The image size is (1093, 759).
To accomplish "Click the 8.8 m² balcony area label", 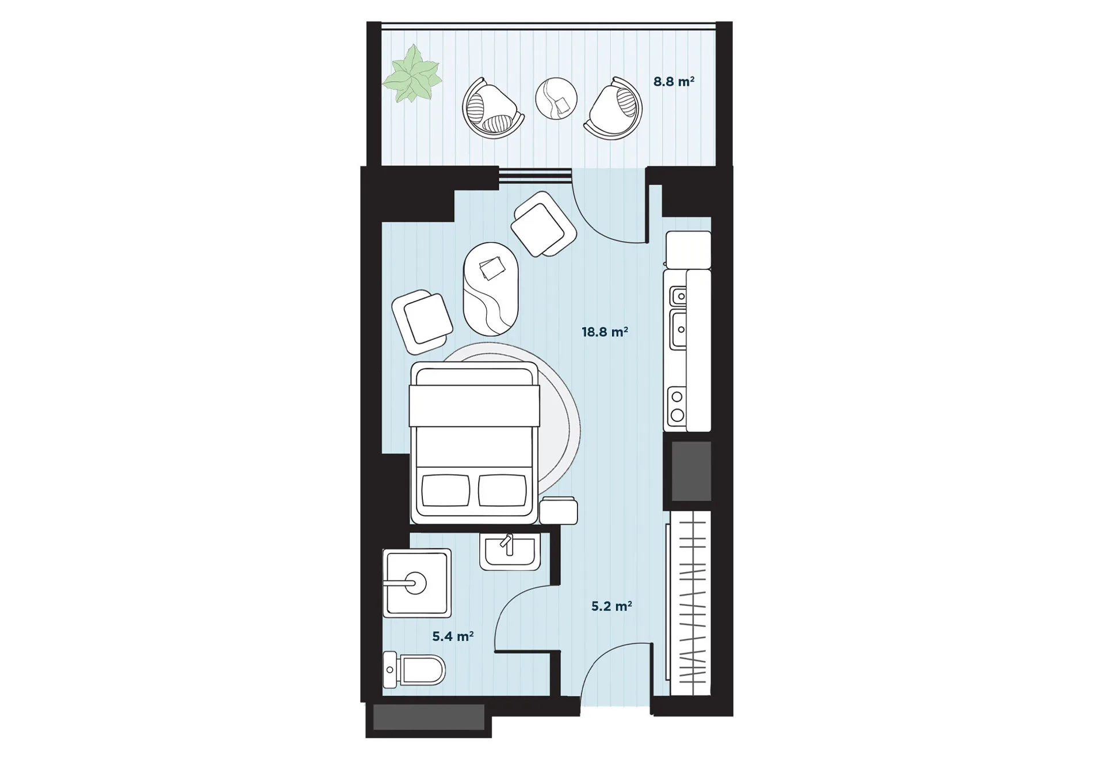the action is (674, 81).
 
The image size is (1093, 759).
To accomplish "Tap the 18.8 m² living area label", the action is (605, 331).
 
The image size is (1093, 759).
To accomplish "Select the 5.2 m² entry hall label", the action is (612, 606).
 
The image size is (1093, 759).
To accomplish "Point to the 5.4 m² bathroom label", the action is (453, 636).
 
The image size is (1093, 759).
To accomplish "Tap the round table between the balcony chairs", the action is (556, 98).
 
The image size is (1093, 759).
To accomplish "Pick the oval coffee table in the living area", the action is (491, 289).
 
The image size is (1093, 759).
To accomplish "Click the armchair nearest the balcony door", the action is (544, 224).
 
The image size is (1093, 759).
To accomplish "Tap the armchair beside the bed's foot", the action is (422, 322).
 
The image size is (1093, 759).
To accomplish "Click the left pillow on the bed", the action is (446, 490).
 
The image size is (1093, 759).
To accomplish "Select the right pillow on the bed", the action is (502, 490).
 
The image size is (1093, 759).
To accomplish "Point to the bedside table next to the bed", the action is (558, 510).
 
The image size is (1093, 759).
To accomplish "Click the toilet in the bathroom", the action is (414, 670).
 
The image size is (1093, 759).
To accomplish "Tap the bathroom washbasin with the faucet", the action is (510, 551).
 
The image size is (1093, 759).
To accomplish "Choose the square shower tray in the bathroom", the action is (417, 583).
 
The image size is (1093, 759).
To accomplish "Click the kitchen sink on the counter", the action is (678, 318).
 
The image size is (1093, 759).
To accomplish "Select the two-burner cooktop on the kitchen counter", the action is (677, 406).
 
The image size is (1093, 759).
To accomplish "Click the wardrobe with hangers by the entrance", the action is (689, 604).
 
